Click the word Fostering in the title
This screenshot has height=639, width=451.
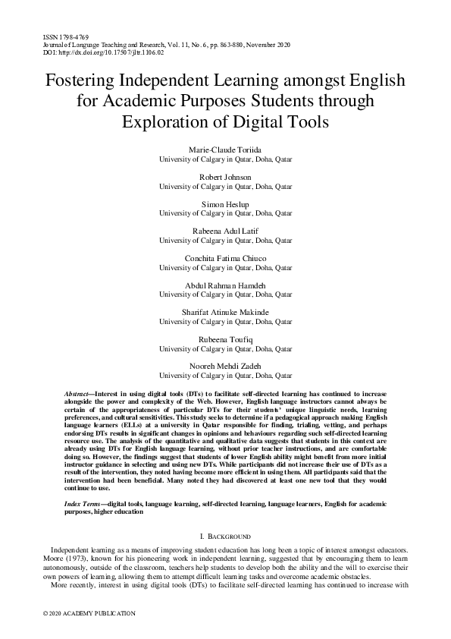point(85,81)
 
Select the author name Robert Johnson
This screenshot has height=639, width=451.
point(225,177)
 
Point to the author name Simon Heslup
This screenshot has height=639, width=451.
point(225,204)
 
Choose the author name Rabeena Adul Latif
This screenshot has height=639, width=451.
point(225,231)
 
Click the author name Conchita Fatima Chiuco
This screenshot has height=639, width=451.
point(225,257)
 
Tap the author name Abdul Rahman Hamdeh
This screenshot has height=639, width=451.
point(225,285)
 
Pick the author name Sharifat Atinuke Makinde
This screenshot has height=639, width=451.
point(225,312)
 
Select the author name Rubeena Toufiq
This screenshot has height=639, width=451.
point(225,338)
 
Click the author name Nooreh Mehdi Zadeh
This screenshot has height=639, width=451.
point(225,366)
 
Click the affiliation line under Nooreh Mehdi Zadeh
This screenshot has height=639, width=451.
point(225,375)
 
